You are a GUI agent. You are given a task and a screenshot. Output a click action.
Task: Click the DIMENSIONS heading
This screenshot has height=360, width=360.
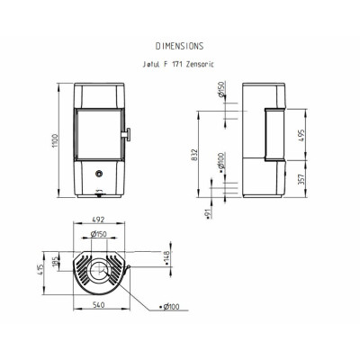tap(179, 46)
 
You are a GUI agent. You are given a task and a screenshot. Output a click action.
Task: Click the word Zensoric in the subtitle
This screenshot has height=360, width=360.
tap(200, 65)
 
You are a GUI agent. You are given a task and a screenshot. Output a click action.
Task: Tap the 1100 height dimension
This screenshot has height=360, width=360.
tap(56, 140)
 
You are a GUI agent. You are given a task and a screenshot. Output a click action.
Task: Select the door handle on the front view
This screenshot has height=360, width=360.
tap(126, 134)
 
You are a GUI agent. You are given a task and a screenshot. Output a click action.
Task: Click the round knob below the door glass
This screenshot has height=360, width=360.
tap(99, 173)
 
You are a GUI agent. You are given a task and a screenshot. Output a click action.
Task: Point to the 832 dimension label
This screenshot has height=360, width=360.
tap(194, 155)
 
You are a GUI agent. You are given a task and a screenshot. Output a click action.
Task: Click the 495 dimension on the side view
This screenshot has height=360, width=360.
tap(301, 136)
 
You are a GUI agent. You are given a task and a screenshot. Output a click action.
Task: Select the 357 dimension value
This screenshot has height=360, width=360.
tap(301, 179)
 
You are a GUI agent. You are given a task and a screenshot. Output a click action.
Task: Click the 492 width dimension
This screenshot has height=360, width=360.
tap(98, 220)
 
